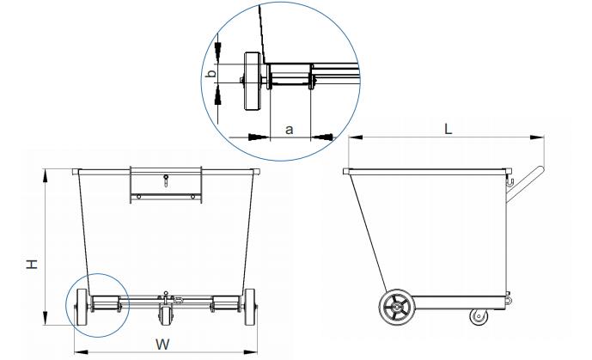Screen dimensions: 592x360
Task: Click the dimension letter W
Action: coord(162,345)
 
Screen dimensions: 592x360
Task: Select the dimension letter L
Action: coord(448,130)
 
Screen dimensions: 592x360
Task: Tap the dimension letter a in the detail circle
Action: coord(290,130)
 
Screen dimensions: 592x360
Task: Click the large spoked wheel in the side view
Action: coord(397,308)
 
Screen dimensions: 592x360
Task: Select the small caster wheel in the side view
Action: coord(479,316)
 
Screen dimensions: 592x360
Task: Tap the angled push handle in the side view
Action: coord(524,185)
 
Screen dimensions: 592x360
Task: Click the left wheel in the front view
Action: coord(82,308)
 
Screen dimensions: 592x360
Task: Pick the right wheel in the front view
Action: coord(249,308)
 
